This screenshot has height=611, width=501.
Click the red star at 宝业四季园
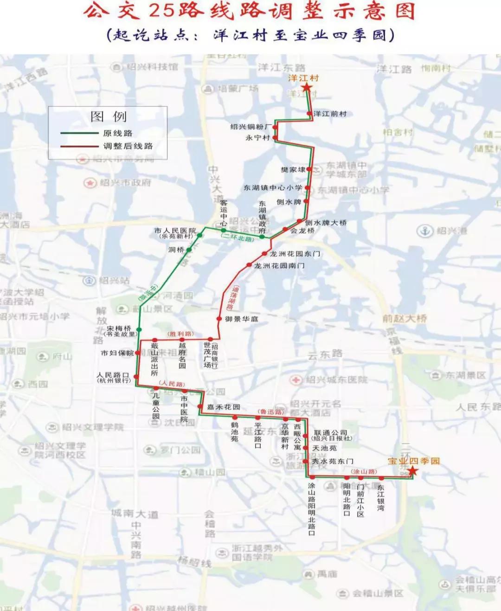tap(412, 471)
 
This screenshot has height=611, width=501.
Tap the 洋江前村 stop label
tap(330, 114)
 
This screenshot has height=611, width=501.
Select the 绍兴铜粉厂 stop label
tap(251, 127)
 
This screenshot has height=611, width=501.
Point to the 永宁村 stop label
tap(257, 138)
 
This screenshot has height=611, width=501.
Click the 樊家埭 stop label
tap(293, 170)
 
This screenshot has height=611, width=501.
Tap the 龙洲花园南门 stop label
tap(279, 266)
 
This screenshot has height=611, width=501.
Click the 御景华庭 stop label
tap(242, 319)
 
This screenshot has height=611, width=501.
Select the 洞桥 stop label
tap(176, 250)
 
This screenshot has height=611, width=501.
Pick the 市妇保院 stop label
tap(117, 353)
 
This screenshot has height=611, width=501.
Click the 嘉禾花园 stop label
tap(224, 407)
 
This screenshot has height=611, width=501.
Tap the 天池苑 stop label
tap(325, 448)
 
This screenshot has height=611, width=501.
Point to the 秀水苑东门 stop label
tap(332, 461)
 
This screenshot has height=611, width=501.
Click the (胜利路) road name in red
tap(180, 334)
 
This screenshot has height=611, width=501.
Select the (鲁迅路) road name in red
tap(270, 412)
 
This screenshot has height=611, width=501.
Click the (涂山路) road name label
tap(364, 471)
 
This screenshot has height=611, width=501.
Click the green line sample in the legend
tap(79, 133)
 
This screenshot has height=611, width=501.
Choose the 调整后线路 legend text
tap(128, 146)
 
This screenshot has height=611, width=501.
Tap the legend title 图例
tap(109, 116)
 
